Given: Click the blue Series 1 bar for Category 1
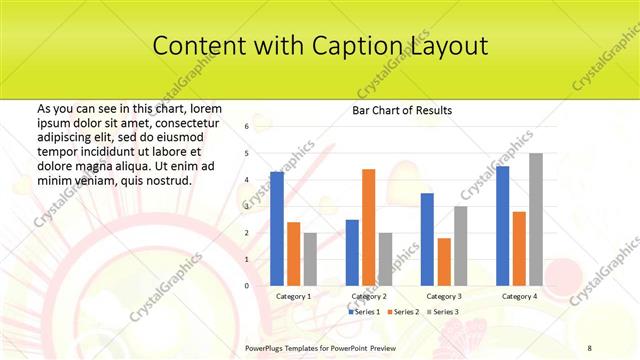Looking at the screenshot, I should [277, 229].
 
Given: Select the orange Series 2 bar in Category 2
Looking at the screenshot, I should [368, 227].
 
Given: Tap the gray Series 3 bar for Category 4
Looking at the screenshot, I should [536, 219].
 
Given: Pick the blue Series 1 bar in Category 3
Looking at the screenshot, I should [427, 239].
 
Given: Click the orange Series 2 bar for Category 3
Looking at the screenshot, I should [444, 261].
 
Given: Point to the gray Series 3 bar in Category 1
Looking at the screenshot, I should [310, 259].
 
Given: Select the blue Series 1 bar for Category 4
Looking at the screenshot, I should [502, 226].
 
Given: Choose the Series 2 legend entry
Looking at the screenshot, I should [403, 312].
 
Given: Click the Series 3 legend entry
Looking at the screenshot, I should [443, 312].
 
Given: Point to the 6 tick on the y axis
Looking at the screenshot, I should [246, 127].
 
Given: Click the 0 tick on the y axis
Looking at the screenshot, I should [246, 286].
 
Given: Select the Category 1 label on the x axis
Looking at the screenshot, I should [293, 297].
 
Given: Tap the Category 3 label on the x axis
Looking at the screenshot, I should [443, 297].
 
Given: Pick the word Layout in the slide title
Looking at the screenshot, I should [448, 46].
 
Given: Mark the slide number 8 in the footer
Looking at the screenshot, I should [589, 346].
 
